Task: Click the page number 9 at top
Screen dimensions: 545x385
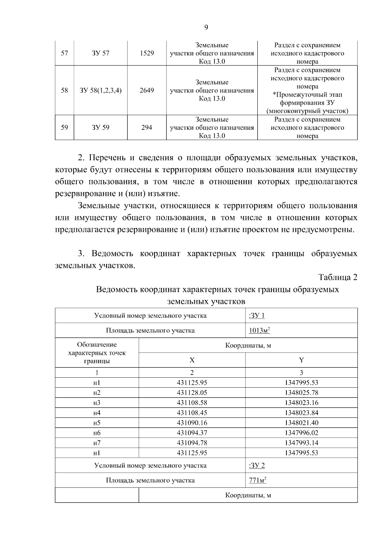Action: (206, 28)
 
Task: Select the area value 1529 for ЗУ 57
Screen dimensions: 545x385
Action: (147, 53)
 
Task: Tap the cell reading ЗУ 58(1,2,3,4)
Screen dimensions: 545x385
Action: (101, 91)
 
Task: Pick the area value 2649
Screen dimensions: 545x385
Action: (147, 91)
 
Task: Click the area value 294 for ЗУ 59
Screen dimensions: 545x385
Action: (147, 127)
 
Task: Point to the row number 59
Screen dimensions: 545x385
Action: (64, 127)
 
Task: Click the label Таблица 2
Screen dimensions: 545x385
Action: (338, 277)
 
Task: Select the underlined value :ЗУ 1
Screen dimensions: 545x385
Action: (257, 316)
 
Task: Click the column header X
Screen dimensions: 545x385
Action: (192, 360)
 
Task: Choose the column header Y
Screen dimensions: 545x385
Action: (301, 360)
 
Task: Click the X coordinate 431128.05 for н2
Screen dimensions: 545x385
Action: (192, 393)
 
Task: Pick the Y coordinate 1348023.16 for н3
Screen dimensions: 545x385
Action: (301, 403)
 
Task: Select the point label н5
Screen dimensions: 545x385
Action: (97, 423)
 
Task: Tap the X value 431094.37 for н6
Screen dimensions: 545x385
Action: (192, 433)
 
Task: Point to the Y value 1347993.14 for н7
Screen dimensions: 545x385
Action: (301, 443)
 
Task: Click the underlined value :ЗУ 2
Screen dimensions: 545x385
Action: (257, 466)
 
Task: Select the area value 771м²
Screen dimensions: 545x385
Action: (258, 481)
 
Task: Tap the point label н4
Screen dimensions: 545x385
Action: (97, 413)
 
